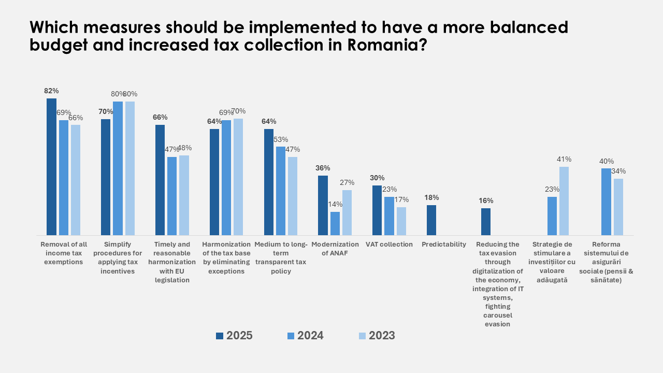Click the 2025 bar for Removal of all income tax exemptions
[51, 167]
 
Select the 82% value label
[51, 91]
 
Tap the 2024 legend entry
[305, 336]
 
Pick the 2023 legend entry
[377, 336]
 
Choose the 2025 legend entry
[234, 336]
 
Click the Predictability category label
[444, 245]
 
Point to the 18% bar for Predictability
[431, 220]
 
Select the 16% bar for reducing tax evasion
[486, 222]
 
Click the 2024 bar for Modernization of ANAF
[335, 223]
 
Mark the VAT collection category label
[389, 245]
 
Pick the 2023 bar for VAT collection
[401, 221]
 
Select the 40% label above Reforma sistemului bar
[607, 161]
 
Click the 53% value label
[281, 139]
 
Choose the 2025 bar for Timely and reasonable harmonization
[160, 180]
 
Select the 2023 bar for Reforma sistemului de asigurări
[618, 207]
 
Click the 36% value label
[323, 168]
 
